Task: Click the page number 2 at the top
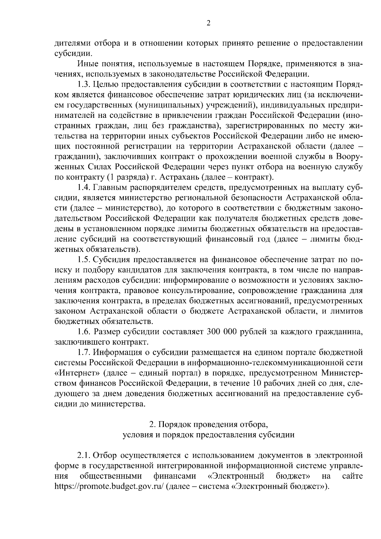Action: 208,23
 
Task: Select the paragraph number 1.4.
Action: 84,187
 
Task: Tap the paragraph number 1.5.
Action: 84,259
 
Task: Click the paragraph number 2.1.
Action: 84,456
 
